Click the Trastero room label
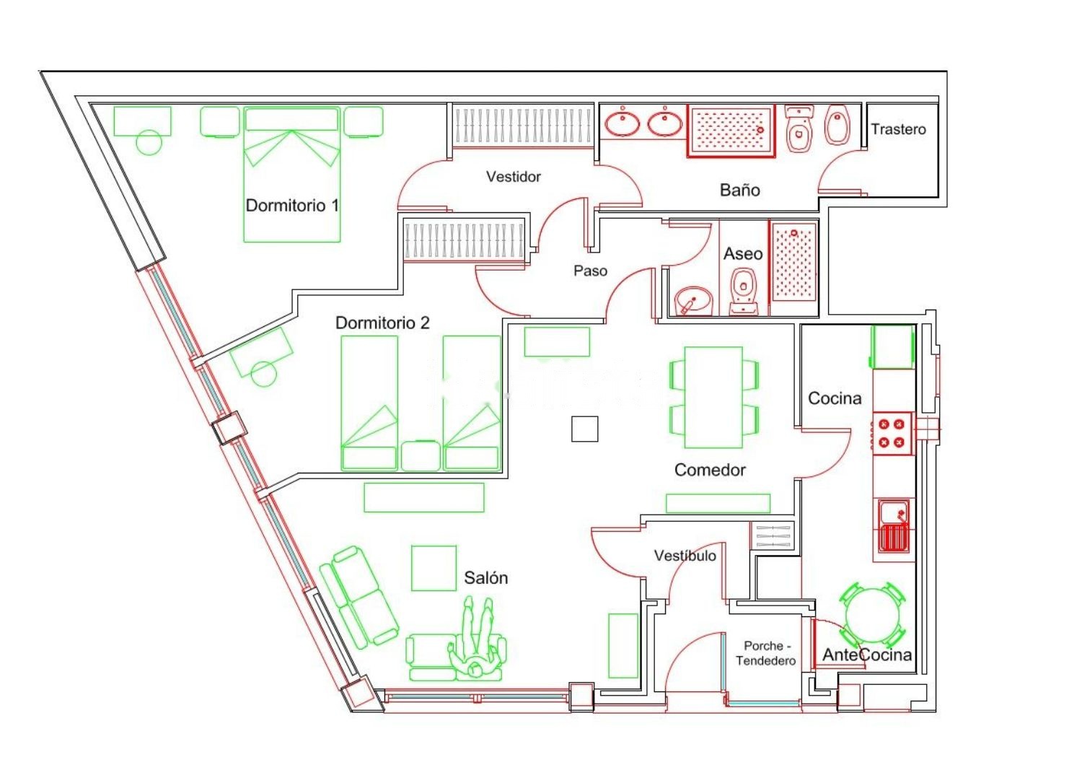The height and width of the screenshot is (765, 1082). tap(898, 129)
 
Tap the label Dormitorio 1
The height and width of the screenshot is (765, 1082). tap(292, 206)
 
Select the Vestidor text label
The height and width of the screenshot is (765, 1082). tap(513, 177)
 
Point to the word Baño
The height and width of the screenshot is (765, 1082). tap(739, 189)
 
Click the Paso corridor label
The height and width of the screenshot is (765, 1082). tap(590, 271)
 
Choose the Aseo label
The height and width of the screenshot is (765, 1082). tap(743, 254)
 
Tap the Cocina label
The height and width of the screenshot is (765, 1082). tap(835, 398)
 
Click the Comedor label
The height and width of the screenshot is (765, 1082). tap(710, 470)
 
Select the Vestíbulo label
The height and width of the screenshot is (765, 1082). tap(685, 556)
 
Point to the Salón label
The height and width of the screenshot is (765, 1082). tap(486, 577)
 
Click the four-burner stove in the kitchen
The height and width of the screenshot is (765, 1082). tap(891, 433)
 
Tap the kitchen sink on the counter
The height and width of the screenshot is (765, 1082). tap(894, 525)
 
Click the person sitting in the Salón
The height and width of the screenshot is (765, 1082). tap(476, 638)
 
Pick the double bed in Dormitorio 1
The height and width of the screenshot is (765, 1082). tap(291, 175)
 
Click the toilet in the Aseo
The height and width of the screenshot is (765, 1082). tap(743, 291)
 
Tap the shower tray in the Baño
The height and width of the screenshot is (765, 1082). tap(731, 131)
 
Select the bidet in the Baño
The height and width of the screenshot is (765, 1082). tap(837, 125)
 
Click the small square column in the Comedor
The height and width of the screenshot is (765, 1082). tap(584, 429)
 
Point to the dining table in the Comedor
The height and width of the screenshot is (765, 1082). tap(713, 397)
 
